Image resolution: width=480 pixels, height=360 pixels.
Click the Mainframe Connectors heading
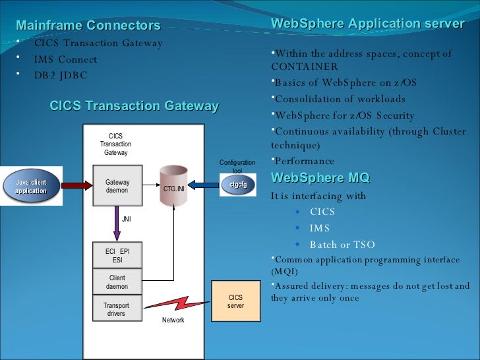coord(88,26)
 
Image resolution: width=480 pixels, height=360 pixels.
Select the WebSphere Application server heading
coord(367,24)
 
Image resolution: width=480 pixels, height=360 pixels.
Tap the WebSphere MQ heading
coord(320,178)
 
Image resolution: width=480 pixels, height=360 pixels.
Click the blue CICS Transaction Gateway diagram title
coord(134,106)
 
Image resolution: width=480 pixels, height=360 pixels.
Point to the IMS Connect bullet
coord(65,59)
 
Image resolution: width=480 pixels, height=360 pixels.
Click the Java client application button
coord(31,186)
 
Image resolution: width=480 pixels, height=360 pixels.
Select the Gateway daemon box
coord(117,186)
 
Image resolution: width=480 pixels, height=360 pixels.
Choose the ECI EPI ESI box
coord(117,256)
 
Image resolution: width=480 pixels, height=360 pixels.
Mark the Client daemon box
coord(117,282)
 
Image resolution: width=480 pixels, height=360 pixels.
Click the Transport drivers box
coord(117,309)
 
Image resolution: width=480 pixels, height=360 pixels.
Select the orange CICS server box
coord(235,301)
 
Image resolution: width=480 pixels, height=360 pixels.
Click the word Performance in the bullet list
coord(304,161)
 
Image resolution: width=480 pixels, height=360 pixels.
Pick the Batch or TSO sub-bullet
coord(342,245)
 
